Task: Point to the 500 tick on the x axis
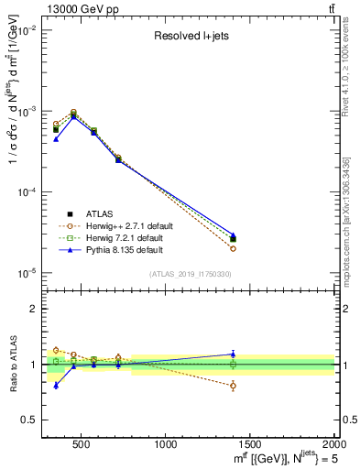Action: click(81, 442)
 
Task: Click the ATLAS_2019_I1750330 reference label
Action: click(190, 274)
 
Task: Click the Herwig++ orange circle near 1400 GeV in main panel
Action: click(234, 248)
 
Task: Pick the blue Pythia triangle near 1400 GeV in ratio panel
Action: click(234, 354)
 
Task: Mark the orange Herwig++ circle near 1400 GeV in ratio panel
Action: click(234, 386)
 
